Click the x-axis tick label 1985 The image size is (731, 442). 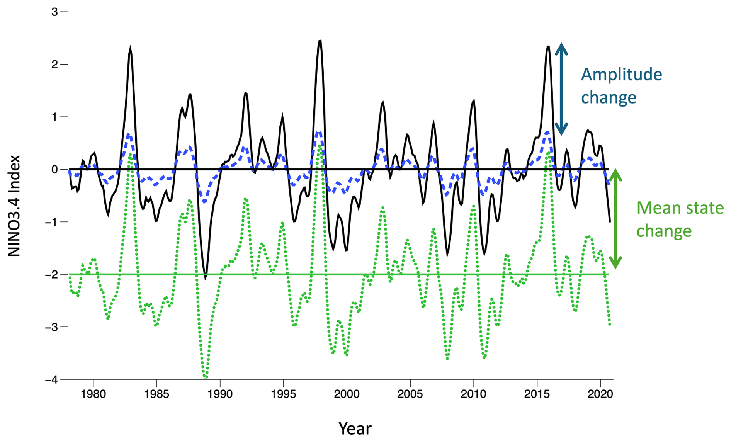(x=156, y=394)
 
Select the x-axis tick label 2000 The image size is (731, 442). (x=347, y=394)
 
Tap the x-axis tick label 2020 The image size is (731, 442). (x=600, y=394)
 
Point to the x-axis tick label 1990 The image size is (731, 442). (x=220, y=394)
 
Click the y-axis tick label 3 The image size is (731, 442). (x=54, y=12)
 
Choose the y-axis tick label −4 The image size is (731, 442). (x=51, y=380)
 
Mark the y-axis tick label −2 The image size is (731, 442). (x=51, y=275)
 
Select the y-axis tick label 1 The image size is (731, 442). (x=54, y=117)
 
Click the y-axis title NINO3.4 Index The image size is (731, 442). (x=14, y=206)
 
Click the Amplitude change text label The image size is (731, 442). (x=621, y=85)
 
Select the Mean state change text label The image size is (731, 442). (x=680, y=219)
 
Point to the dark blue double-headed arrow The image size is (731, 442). (x=561, y=88)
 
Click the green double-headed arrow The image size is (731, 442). (x=615, y=219)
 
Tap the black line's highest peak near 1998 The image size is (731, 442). (x=320, y=41)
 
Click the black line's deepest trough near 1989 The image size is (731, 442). (x=206, y=277)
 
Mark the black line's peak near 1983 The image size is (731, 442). (x=130, y=48)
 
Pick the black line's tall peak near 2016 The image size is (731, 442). (x=548, y=47)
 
